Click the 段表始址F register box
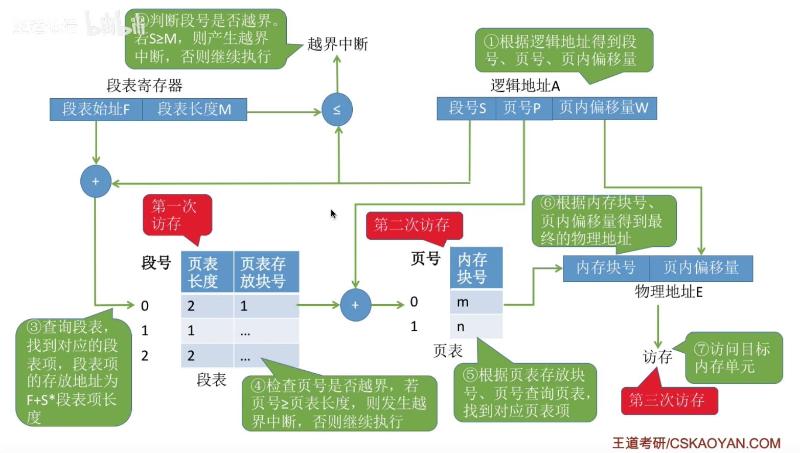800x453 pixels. [x=96, y=109]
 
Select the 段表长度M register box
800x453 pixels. [x=194, y=109]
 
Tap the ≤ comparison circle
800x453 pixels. [x=337, y=109]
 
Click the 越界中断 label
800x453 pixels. [x=337, y=44]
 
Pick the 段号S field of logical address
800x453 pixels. [x=467, y=108]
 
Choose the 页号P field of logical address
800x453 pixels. [x=523, y=108]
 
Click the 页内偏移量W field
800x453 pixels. [x=604, y=108]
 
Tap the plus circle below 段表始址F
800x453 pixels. [x=96, y=182]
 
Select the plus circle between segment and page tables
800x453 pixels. [x=355, y=305]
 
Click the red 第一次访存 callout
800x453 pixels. [x=177, y=215]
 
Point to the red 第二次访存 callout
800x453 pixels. [x=414, y=225]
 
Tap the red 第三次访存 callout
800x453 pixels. [x=669, y=400]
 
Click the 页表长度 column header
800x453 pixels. [x=207, y=272]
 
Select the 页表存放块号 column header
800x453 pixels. [x=266, y=272]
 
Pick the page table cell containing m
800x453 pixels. [x=476, y=302]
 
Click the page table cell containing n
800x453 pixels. [x=476, y=327]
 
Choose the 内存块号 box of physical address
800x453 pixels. [x=606, y=268]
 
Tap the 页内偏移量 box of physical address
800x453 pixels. [x=701, y=268]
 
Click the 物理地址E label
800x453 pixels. [x=668, y=292]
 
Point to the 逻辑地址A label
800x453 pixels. [x=525, y=86]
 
